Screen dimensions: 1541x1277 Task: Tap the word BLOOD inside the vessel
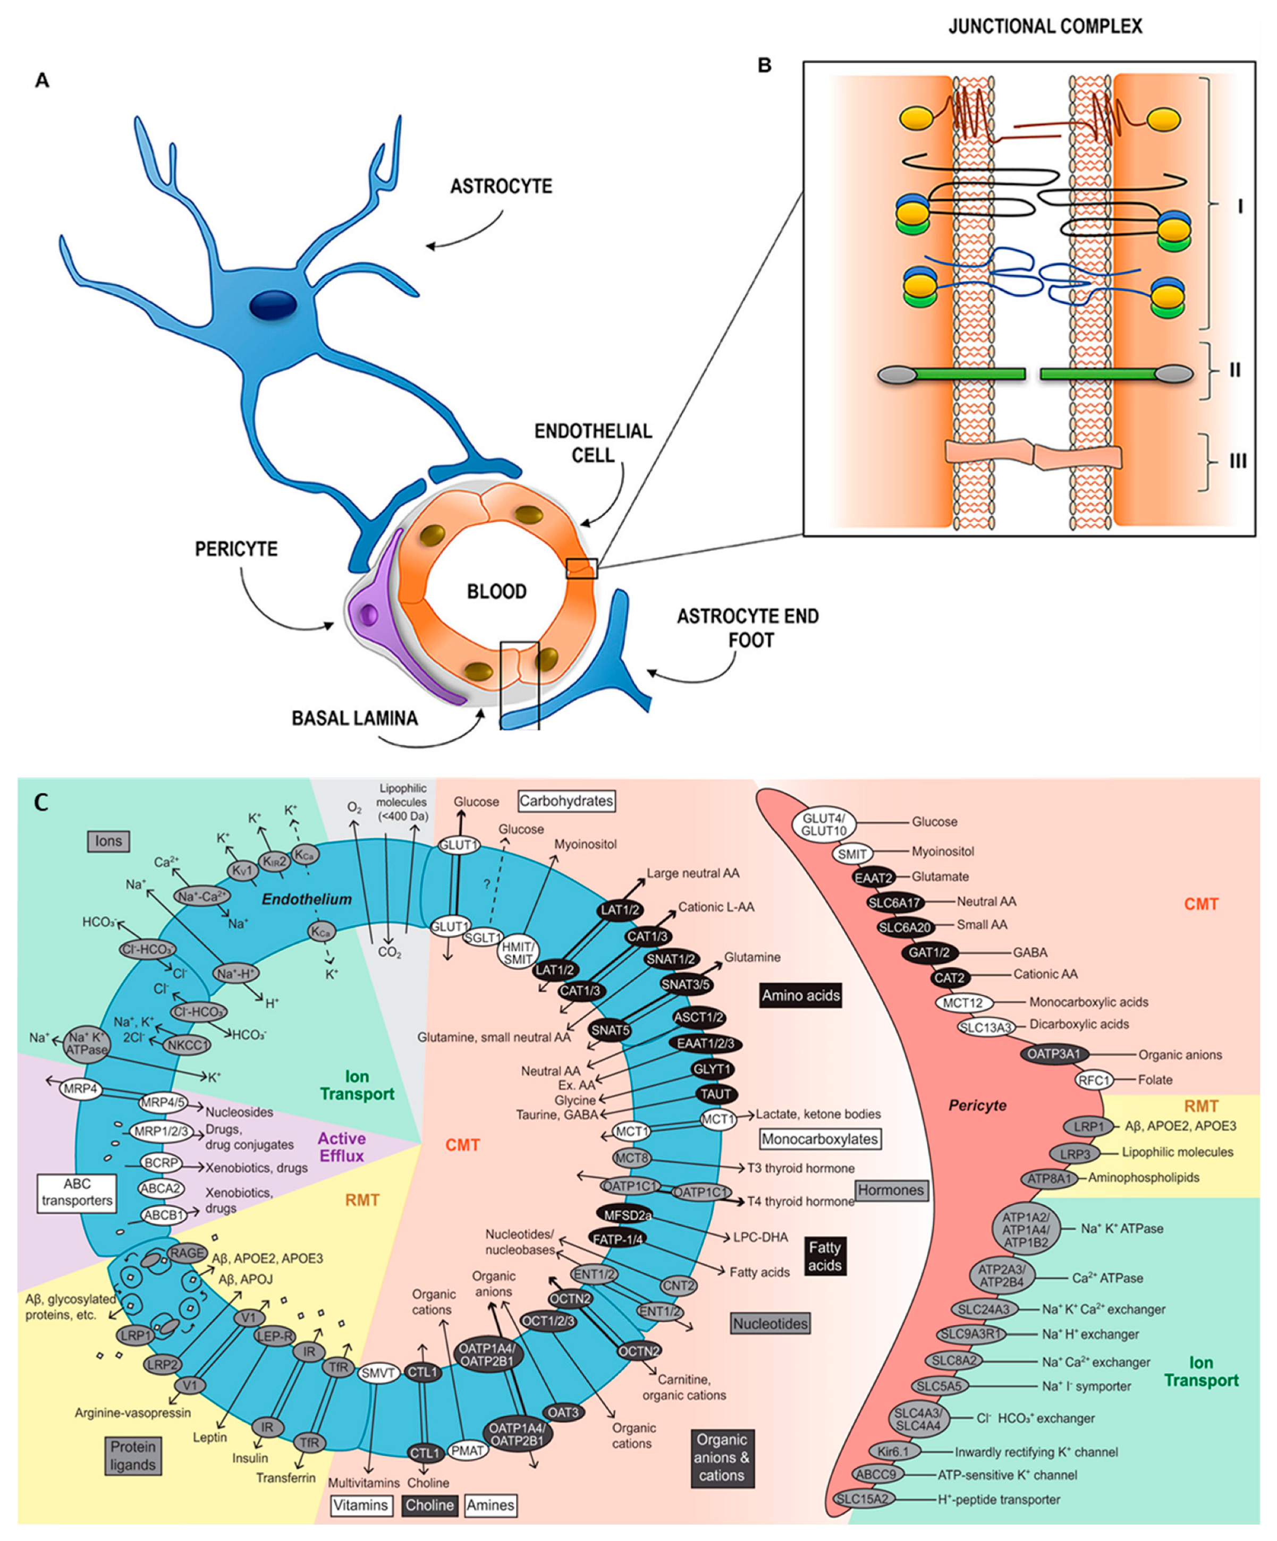497,591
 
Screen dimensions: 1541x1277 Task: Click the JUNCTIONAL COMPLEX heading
1045,27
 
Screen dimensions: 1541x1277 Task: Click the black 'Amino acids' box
801,996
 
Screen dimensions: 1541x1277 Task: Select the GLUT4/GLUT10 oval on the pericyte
824,825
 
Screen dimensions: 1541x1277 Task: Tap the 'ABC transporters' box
77,1193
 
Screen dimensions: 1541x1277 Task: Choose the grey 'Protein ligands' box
133,1456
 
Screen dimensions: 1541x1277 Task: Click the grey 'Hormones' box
891,1190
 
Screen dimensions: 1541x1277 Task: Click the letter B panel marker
764,65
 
